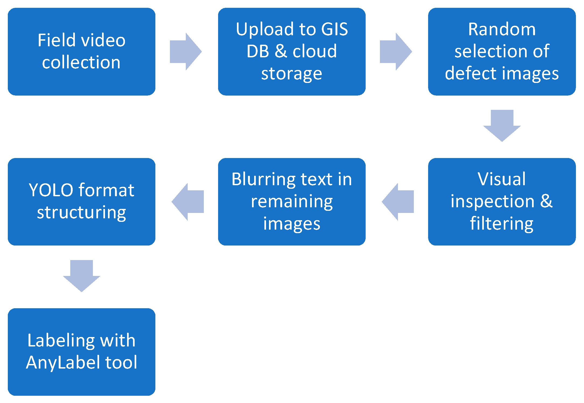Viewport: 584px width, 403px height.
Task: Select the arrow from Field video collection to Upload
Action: coord(186,52)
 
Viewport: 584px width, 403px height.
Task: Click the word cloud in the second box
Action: coord(315,51)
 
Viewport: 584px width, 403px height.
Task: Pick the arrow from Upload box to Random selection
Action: coord(396,52)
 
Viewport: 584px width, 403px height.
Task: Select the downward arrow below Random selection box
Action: coord(502,125)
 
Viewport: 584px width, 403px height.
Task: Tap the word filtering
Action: coord(502,223)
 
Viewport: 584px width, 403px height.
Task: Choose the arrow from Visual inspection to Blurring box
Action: coord(398,202)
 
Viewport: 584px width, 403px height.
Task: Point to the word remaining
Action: coord(292,201)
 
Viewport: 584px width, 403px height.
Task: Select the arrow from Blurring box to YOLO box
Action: coord(188,202)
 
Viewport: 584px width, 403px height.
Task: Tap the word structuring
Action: coord(82,213)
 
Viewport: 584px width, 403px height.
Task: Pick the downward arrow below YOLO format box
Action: coord(82,276)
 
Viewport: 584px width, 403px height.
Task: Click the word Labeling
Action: coord(61,341)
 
